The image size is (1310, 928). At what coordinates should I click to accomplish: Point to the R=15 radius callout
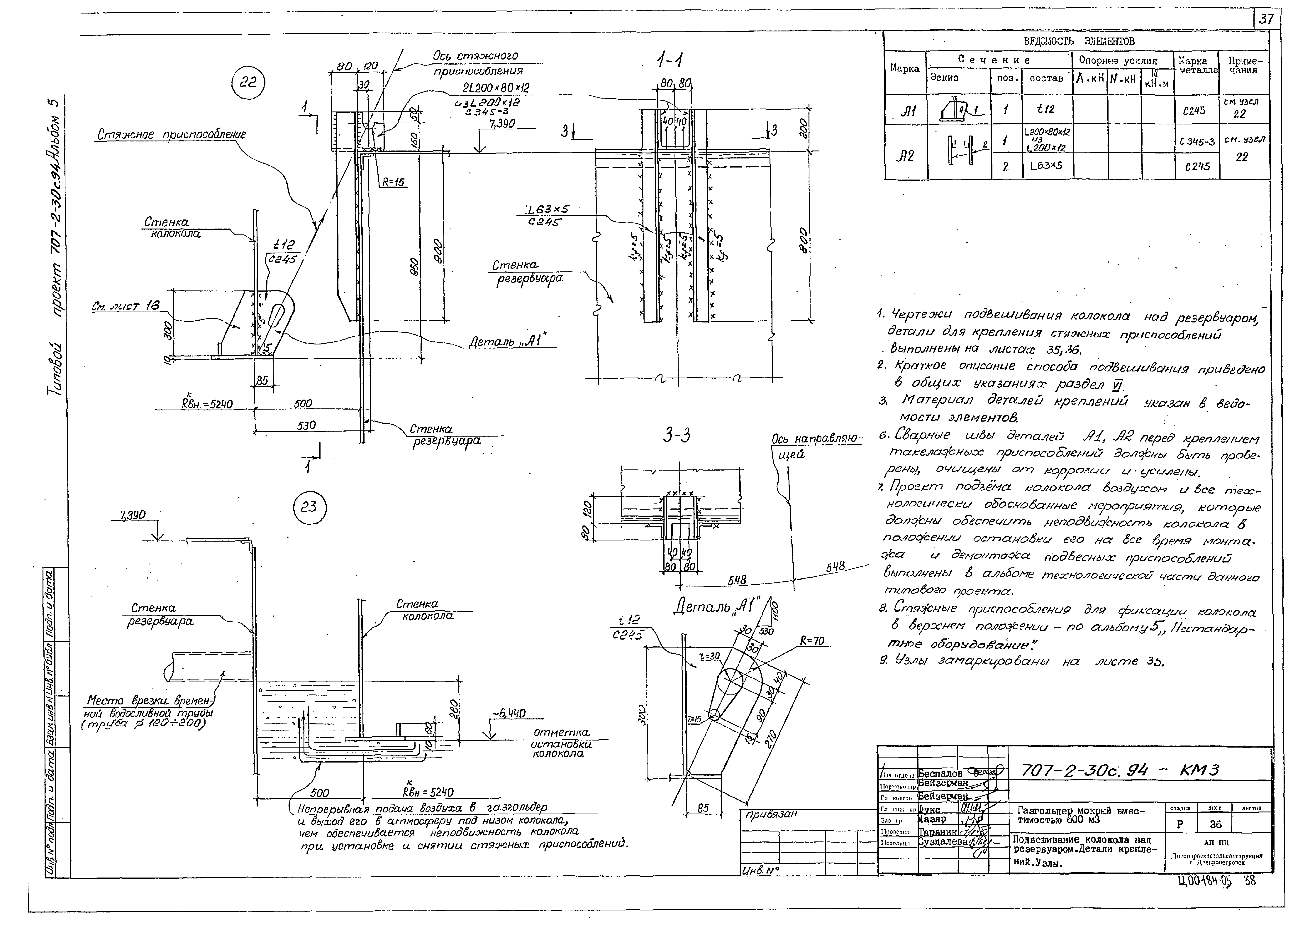[393, 182]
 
